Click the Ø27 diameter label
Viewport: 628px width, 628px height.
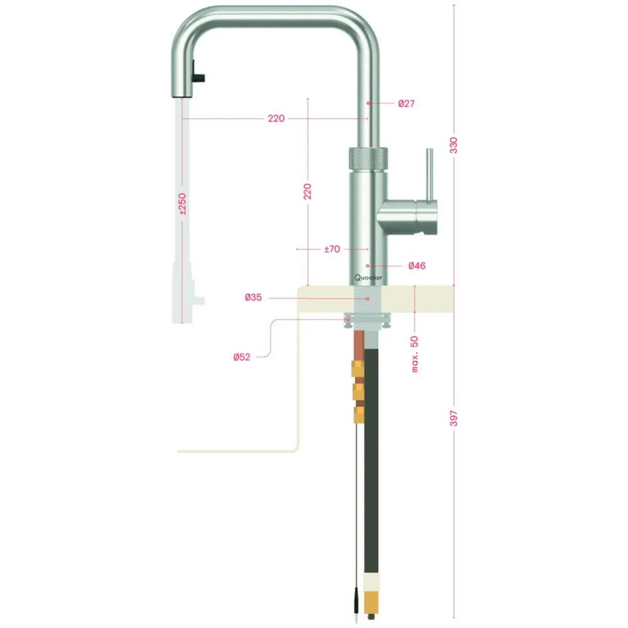pos(406,103)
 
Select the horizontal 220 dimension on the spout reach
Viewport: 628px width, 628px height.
pos(276,119)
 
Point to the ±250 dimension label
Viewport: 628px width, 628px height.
pos(183,205)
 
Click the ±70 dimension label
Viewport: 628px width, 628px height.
pos(332,249)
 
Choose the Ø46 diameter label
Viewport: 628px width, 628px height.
pos(416,266)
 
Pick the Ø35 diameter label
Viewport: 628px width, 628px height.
pos(253,298)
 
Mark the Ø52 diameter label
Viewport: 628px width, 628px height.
pos(242,357)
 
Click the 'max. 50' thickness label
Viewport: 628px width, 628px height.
pos(415,353)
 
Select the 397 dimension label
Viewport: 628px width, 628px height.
pos(454,419)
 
